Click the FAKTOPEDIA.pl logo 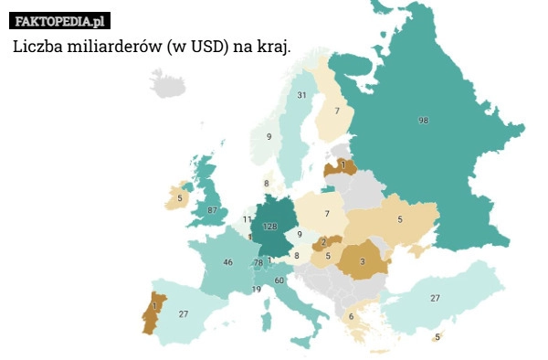[x=60, y=19]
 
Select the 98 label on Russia [x=423, y=121]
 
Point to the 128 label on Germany [x=269, y=226]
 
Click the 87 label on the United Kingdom [x=213, y=210]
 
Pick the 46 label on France [x=227, y=262]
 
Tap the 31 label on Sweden [x=300, y=95]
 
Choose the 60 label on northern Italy [x=279, y=281]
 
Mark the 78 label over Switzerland [x=258, y=262]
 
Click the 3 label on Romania [x=363, y=261]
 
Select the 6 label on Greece [x=351, y=316]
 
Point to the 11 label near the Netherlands [x=247, y=219]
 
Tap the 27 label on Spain [x=184, y=313]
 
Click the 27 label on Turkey [x=435, y=298]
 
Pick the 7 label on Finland [x=337, y=111]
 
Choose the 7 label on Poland [x=326, y=213]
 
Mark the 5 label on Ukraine [x=399, y=219]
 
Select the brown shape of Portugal [x=153, y=313]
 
